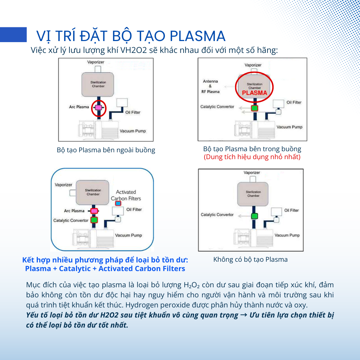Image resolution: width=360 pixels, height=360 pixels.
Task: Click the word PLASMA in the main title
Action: click(197, 36)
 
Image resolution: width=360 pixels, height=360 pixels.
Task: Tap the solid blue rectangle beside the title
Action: click(13, 35)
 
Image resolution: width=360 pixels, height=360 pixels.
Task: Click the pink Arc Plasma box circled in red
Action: click(99, 107)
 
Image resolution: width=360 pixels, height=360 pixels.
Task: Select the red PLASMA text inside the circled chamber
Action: click(255, 93)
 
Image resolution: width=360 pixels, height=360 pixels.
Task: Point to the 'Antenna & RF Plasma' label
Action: click(211, 86)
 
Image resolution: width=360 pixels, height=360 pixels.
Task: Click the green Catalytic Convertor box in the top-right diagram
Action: click(255, 108)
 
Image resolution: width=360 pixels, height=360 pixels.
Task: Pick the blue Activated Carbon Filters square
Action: click(118, 203)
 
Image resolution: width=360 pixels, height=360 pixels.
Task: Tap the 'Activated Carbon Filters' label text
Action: click(126, 195)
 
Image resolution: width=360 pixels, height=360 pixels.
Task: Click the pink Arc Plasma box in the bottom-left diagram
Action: click(94, 211)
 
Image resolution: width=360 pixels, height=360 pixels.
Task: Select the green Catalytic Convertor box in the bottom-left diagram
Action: click(94, 220)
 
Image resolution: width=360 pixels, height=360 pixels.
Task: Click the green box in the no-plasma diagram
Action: click(255, 216)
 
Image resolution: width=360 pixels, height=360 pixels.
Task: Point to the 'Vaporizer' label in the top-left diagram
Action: click(96, 62)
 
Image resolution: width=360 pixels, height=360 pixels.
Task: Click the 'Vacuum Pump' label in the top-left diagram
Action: click(133, 131)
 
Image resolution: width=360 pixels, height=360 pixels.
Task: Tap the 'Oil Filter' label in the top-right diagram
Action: click(294, 102)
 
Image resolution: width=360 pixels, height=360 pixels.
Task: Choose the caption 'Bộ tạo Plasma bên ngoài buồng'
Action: click(106, 150)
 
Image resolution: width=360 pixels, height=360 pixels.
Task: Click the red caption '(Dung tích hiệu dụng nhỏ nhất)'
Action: click(252, 157)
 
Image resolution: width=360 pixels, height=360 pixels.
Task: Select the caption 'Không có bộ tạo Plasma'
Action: click(251, 260)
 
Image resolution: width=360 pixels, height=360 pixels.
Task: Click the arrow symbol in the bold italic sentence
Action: click(244, 315)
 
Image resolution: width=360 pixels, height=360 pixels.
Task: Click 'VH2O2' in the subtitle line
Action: click(134, 50)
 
